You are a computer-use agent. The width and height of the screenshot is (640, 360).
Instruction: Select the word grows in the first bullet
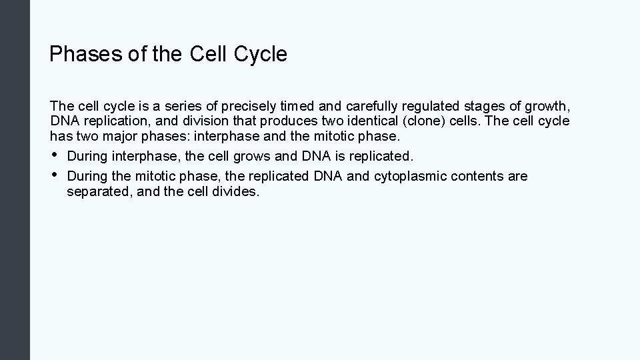[261, 157]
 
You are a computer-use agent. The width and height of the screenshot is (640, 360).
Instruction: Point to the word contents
[477, 177]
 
